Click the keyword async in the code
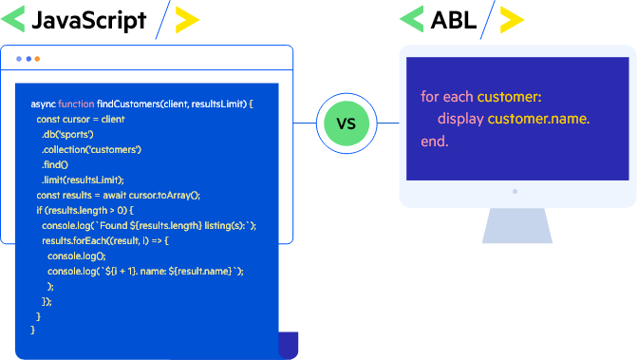(43, 103)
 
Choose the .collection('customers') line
(91, 149)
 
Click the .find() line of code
(55, 164)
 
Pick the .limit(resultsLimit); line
(83, 180)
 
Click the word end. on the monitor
(434, 142)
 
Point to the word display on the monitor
(459, 119)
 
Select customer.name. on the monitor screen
(538, 119)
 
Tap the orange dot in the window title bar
(37, 59)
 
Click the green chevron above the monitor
(411, 18)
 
